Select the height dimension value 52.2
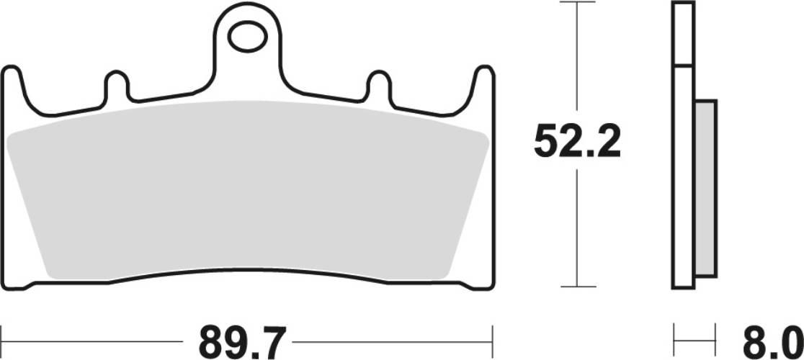576,144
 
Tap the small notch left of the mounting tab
117,85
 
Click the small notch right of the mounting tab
378,85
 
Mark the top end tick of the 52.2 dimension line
578,3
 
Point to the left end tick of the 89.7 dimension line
3,336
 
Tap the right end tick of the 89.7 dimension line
493,336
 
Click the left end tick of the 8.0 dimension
673,336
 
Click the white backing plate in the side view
683,180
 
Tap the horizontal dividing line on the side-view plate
683,67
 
